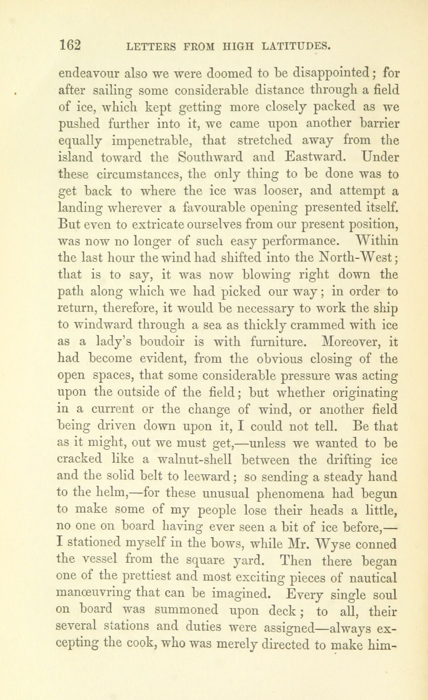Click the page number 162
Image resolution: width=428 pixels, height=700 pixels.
[x=70, y=45]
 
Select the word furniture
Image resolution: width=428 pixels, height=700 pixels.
[x=272, y=342]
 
